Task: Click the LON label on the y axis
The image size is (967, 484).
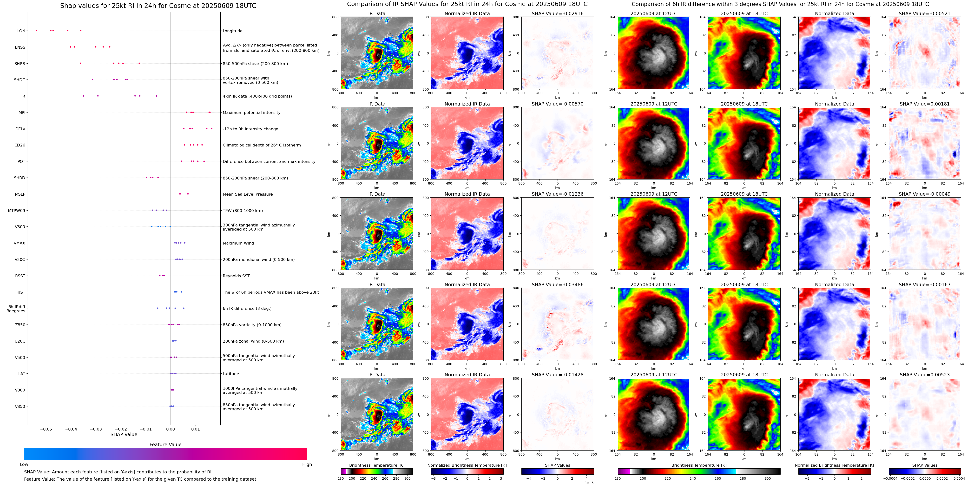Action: (x=21, y=31)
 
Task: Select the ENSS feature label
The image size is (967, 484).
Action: (x=20, y=47)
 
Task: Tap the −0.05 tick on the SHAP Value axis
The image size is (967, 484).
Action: (x=46, y=429)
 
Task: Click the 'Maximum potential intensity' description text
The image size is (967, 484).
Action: (x=251, y=113)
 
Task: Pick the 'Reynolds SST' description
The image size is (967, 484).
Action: (x=236, y=276)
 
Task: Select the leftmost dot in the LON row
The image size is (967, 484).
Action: (x=36, y=30)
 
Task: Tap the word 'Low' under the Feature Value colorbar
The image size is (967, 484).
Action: (x=24, y=464)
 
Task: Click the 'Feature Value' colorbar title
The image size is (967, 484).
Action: (x=165, y=444)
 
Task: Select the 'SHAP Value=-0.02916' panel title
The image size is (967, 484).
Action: (x=558, y=13)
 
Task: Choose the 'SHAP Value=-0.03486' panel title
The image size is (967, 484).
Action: (x=558, y=285)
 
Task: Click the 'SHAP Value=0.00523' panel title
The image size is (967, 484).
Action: (x=925, y=375)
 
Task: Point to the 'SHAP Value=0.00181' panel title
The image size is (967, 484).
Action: (x=925, y=104)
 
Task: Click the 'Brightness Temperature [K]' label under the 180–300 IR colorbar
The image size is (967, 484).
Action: (x=376, y=465)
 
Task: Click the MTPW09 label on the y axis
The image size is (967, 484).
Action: (x=17, y=211)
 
